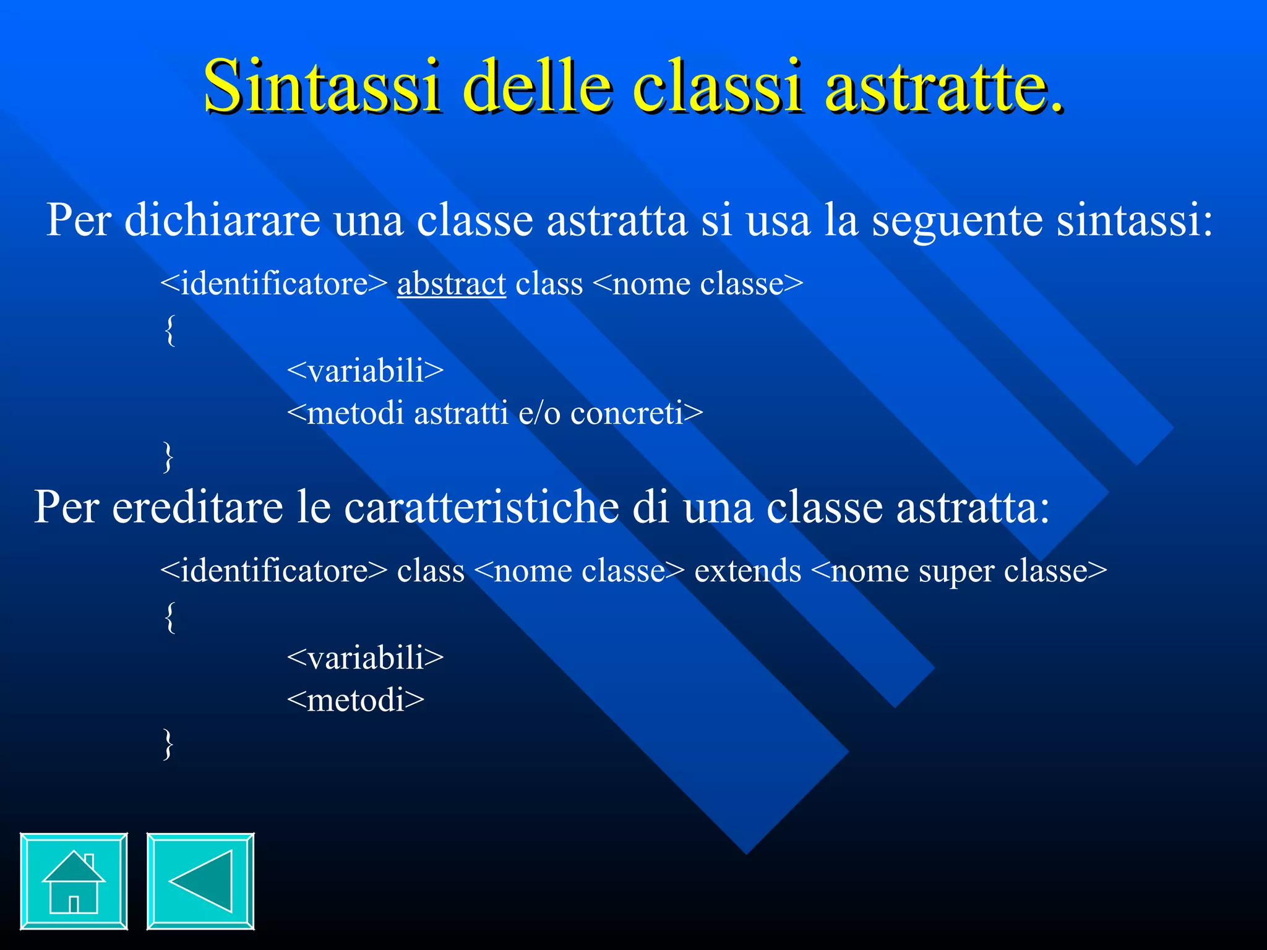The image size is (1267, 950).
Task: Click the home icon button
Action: (x=74, y=881)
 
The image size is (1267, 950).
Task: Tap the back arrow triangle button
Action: (x=200, y=881)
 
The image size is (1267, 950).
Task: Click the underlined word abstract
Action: (x=451, y=284)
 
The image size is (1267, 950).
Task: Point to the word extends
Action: (x=747, y=570)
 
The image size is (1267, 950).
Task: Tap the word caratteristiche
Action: (x=481, y=507)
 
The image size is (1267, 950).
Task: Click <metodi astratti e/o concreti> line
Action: (x=495, y=413)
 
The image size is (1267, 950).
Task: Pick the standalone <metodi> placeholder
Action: (x=356, y=700)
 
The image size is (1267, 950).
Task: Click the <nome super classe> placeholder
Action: (x=958, y=570)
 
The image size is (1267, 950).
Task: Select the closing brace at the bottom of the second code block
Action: (x=168, y=743)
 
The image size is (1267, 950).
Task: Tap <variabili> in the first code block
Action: (x=365, y=370)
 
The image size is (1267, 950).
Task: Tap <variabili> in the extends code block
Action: (x=365, y=657)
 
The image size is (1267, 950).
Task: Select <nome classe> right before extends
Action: (x=580, y=570)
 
